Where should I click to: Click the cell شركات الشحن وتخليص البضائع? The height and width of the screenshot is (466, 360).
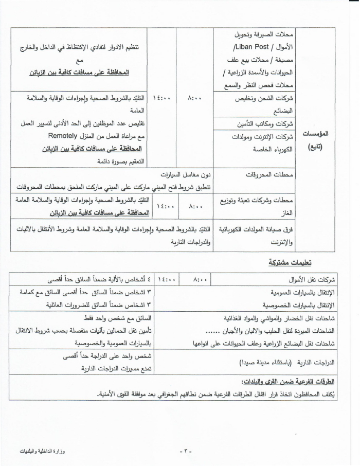tap(272, 103)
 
